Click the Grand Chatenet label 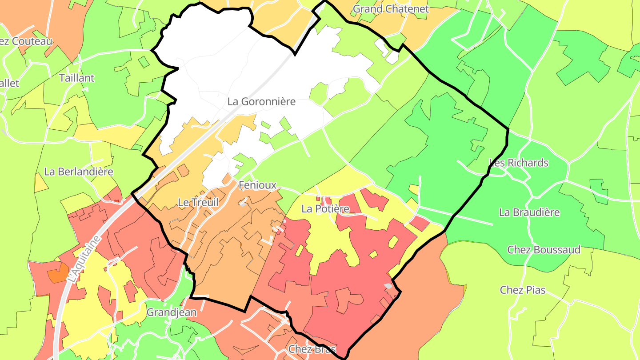pyautogui.click(x=391, y=9)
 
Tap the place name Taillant pyautogui.click(x=77, y=78)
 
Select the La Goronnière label pyautogui.click(x=261, y=101)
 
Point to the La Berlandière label pyautogui.click(x=79, y=172)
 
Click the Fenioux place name pyautogui.click(x=257, y=185)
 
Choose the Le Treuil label pyautogui.click(x=198, y=202)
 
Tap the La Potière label pyautogui.click(x=325, y=208)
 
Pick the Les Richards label pyautogui.click(x=519, y=163)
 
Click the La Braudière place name pyautogui.click(x=529, y=212)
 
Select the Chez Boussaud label pyautogui.click(x=544, y=250)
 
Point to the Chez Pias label pyautogui.click(x=523, y=290)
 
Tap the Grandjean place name pyautogui.click(x=172, y=312)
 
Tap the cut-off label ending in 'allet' pyautogui.click(x=10, y=83)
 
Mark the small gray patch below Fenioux pyautogui.click(x=243, y=204)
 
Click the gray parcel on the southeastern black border pyautogui.click(x=388, y=286)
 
